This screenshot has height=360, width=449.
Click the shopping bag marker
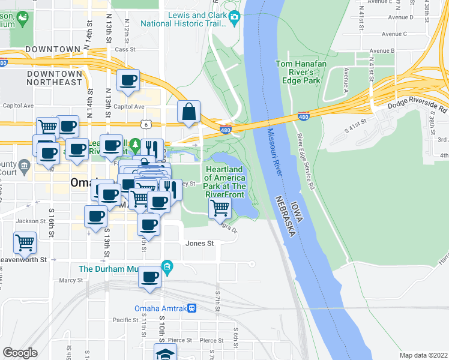click(x=188, y=112)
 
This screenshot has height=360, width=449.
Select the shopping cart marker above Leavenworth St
click(x=25, y=243)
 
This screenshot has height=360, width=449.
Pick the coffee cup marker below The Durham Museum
click(x=150, y=278)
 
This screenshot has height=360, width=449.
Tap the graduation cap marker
click(x=165, y=353)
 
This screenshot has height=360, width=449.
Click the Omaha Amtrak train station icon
click(x=191, y=309)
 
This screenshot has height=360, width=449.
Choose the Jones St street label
click(x=199, y=244)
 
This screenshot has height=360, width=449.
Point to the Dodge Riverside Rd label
click(x=417, y=107)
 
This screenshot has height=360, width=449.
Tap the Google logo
click(x=20, y=353)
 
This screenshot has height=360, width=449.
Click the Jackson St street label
click(x=31, y=221)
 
